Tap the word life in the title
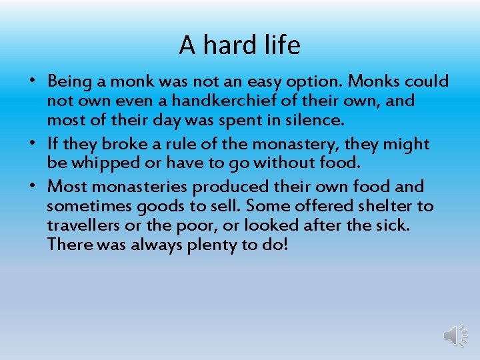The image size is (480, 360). tap(281, 45)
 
